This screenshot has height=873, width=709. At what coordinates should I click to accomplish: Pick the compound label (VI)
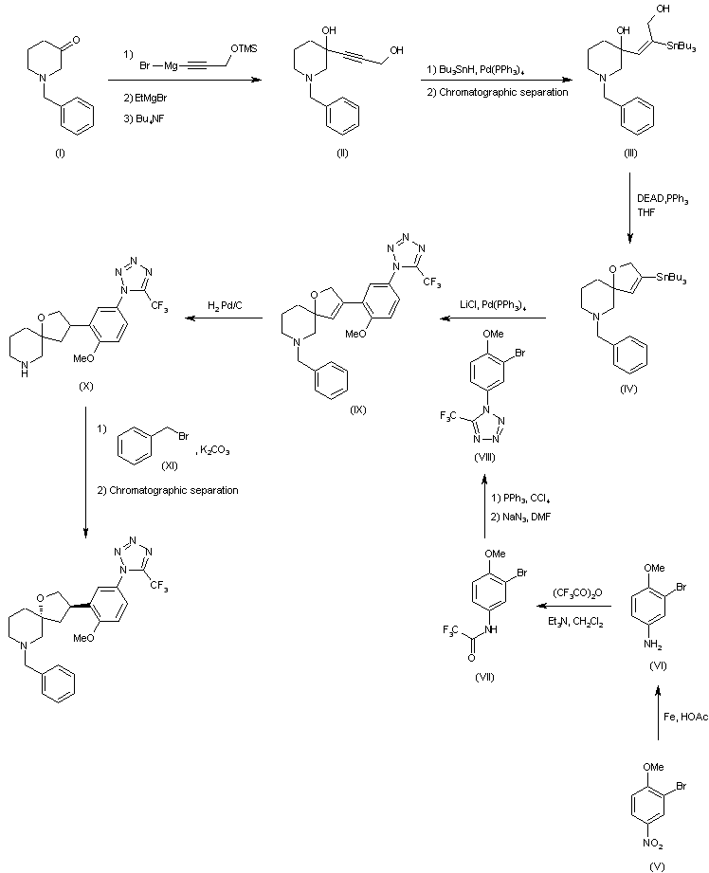[x=658, y=666]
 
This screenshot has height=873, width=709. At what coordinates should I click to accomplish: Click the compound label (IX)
[x=330, y=410]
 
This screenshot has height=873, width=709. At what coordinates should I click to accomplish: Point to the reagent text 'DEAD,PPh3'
[x=663, y=196]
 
